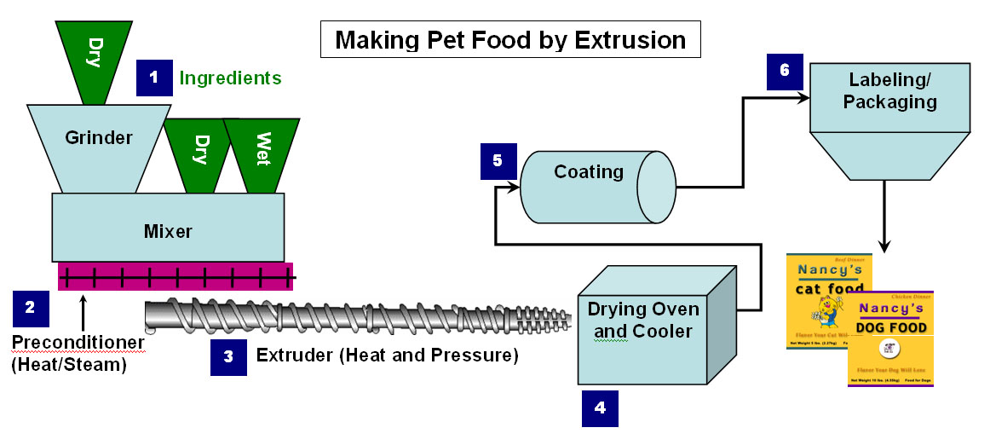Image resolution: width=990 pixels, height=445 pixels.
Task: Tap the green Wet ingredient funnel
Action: pos(261,150)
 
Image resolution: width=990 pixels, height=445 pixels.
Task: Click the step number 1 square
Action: pos(153,78)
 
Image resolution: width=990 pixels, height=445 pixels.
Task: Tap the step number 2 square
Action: pos(30,309)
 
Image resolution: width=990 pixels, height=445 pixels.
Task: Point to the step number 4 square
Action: pos(600,407)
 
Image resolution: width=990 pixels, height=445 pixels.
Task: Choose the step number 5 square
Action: pos(498,160)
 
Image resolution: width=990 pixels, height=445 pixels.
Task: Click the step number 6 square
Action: pos(784,71)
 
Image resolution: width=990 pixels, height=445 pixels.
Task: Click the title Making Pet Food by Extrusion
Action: pos(510,40)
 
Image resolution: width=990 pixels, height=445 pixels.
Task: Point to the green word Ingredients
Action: pos(230,78)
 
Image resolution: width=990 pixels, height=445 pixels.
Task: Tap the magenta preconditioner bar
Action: pos(175,275)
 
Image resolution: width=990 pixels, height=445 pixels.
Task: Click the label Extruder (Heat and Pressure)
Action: pos(387,355)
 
